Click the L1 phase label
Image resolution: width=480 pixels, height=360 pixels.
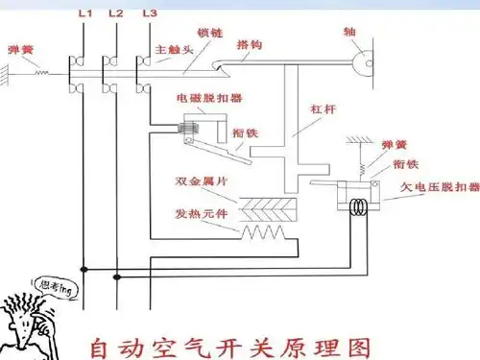click(84, 14)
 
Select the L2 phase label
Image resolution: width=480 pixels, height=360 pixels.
click(115, 14)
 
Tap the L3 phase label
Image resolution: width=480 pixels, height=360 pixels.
click(148, 14)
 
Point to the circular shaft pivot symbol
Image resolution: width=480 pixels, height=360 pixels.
click(362, 63)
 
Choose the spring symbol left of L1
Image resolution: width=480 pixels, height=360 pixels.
click(43, 71)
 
